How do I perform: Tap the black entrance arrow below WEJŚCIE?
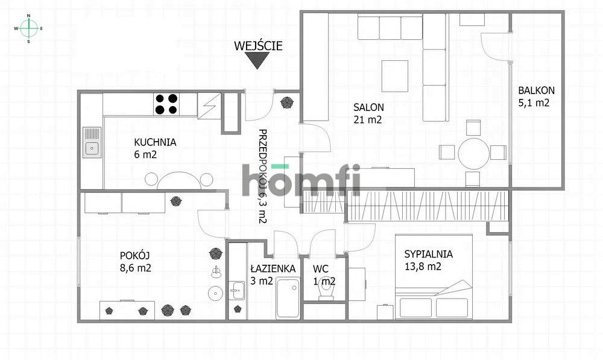coord(257,60)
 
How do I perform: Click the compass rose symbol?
coord(28,28)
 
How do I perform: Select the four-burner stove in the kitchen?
coord(166,104)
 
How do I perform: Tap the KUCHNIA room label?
coord(155,143)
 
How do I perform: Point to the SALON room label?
coord(368,107)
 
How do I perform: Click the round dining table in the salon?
coord(473,153)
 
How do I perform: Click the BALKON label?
coord(536,91)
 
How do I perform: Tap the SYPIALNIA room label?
coord(428,254)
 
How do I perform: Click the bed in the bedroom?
coord(432,302)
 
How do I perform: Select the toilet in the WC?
coord(326,291)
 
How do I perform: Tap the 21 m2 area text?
coord(368,119)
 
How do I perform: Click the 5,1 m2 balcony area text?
coord(534,103)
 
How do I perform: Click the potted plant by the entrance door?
coord(286,103)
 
